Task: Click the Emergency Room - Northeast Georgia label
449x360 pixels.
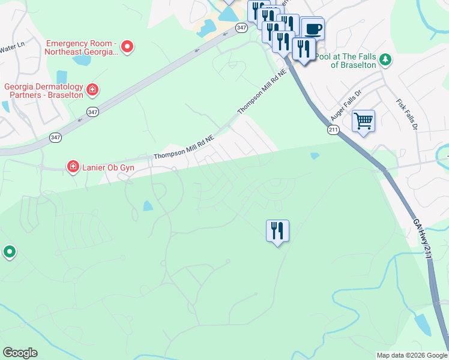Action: pyautogui.click(x=82, y=47)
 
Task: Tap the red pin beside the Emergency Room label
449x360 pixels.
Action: pyautogui.click(x=127, y=46)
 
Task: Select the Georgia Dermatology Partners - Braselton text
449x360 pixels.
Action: pyautogui.click(x=43, y=90)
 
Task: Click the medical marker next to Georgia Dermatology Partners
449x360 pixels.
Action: pyautogui.click(x=92, y=91)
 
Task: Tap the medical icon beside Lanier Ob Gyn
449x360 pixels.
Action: pyautogui.click(x=73, y=166)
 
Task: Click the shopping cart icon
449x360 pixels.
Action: pyautogui.click(x=363, y=121)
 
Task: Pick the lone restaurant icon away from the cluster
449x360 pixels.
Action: pyautogui.click(x=277, y=230)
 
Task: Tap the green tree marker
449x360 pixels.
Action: pyautogui.click(x=385, y=59)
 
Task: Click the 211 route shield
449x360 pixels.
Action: pyautogui.click(x=334, y=130)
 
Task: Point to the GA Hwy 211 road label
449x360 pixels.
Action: pyautogui.click(x=423, y=238)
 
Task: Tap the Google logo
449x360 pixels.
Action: pyautogui.click(x=20, y=353)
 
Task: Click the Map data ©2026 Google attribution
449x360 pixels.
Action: pyautogui.click(x=412, y=355)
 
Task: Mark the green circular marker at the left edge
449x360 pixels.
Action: pyautogui.click(x=9, y=252)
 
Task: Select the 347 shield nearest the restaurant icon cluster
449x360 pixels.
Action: pyautogui.click(x=241, y=28)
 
